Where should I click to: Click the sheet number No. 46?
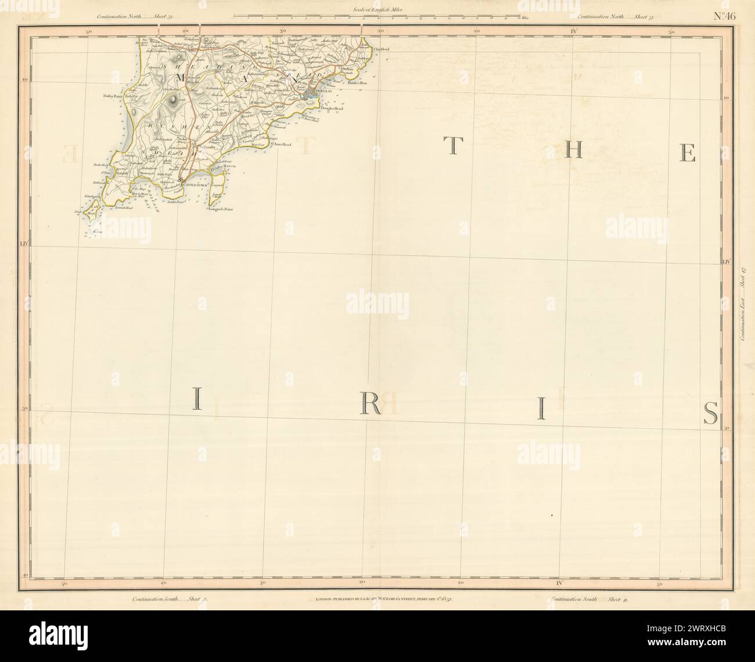click(724, 16)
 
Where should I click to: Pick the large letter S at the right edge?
click(710, 413)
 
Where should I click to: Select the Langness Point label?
click(221, 218)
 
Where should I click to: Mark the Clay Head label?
click(381, 49)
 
